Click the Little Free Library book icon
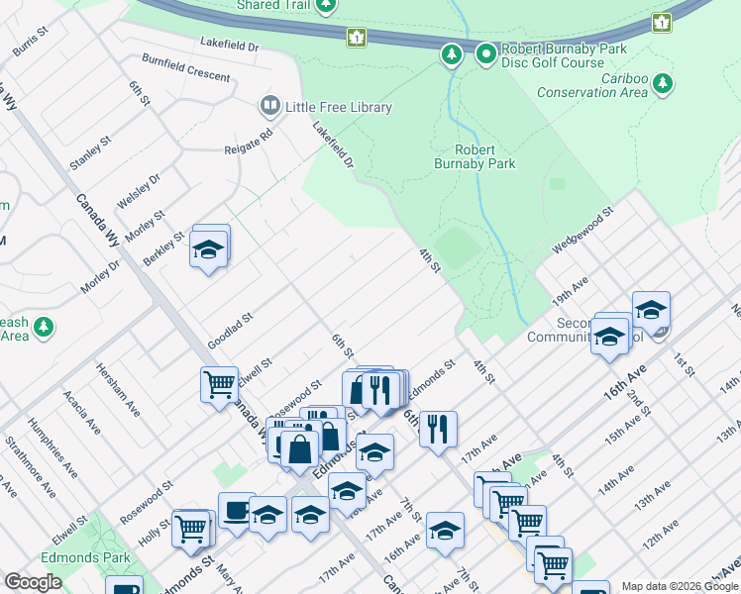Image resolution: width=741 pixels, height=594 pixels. coord(269,106)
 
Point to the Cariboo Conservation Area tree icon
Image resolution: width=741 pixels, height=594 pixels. coord(662,85)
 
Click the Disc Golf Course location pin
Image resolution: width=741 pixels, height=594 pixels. coord(485,54)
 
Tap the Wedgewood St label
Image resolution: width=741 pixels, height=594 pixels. coord(584,230)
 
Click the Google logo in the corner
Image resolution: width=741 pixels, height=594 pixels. coord(33,582)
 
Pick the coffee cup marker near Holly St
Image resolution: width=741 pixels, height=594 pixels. coord(236,512)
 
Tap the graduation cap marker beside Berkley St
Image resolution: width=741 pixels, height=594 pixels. coord(209,249)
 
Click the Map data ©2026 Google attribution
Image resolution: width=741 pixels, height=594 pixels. coord(679,586)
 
